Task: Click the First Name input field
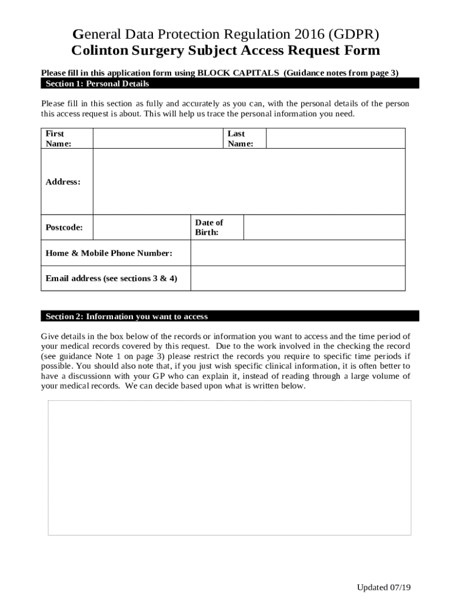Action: click(x=158, y=138)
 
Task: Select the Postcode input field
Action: click(x=141, y=228)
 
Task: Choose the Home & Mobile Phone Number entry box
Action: click(x=298, y=253)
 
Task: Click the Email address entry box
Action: click(x=298, y=278)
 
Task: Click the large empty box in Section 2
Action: click(x=229, y=467)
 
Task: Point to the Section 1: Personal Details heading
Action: click(x=98, y=83)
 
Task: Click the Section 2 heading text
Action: click(x=126, y=316)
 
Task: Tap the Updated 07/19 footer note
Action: click(x=384, y=587)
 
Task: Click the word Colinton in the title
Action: click(x=99, y=51)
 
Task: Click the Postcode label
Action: click(x=64, y=228)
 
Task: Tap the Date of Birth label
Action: click(x=209, y=228)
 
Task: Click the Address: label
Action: click(x=63, y=182)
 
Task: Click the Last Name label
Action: click(x=240, y=138)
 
